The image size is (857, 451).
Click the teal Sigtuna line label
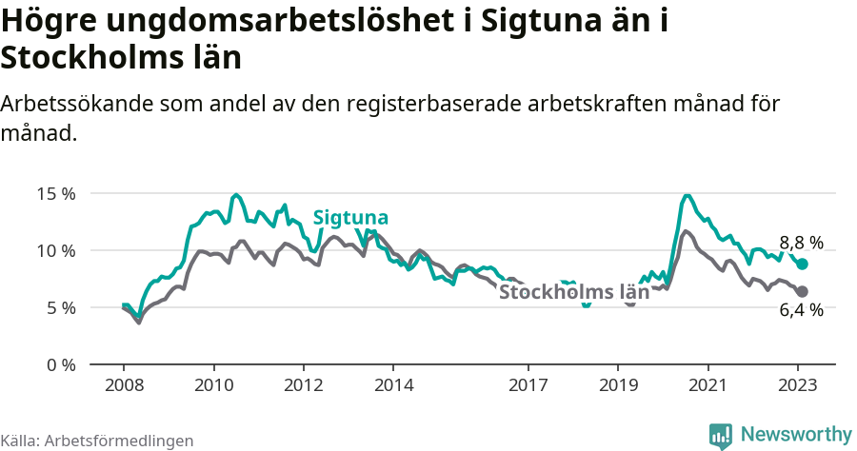(x=350, y=217)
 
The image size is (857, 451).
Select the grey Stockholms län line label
(x=574, y=292)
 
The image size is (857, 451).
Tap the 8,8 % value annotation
(x=801, y=243)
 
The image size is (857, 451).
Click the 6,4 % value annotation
(x=801, y=309)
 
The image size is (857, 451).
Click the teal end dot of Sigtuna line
(x=802, y=265)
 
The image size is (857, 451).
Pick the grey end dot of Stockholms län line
(x=802, y=291)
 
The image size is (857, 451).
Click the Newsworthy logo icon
(x=721, y=435)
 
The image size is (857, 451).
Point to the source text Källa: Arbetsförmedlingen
(x=97, y=441)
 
